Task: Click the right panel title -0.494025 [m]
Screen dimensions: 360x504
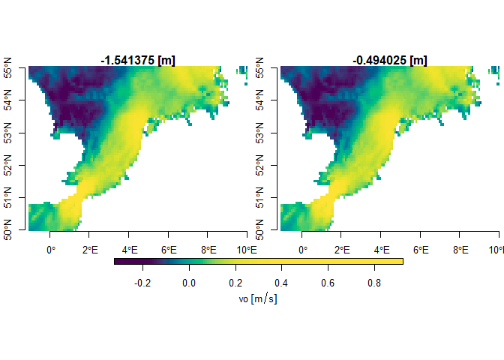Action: click(389, 60)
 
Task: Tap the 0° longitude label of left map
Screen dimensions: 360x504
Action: click(51, 249)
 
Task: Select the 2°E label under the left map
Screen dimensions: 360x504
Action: click(90, 249)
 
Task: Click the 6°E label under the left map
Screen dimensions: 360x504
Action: click(169, 249)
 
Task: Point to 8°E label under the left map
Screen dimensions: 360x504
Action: click(208, 249)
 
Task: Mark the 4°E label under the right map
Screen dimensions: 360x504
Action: click(381, 249)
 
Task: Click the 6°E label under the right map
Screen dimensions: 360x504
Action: click(421, 249)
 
